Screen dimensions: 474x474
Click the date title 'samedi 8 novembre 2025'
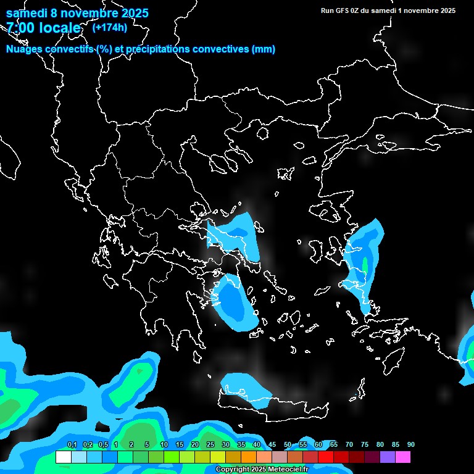[77, 13]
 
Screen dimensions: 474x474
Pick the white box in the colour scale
[64, 457]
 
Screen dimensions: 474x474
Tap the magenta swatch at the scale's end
[403, 457]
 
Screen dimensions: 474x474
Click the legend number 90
[411, 445]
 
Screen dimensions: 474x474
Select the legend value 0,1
[72, 445]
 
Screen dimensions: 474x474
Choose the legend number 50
[288, 445]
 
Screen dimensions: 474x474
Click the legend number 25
[210, 445]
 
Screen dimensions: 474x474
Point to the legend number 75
[365, 445]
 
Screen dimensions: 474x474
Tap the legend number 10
[164, 445]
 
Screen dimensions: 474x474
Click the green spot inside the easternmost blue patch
[365, 264]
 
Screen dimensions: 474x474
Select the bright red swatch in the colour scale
[326, 457]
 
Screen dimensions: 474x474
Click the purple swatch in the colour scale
[388, 457]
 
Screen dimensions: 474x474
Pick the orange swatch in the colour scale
[249, 457]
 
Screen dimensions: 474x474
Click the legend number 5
[147, 445]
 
